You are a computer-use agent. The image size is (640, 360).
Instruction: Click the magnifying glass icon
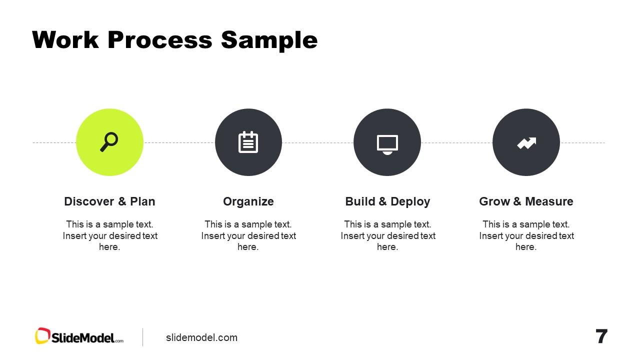(x=109, y=142)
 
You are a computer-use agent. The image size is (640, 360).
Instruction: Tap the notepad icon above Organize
(x=248, y=142)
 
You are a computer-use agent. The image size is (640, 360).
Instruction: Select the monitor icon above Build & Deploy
(x=387, y=143)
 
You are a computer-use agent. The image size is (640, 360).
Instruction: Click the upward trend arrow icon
(x=526, y=143)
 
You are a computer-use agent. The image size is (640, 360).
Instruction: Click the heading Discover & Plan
(x=109, y=201)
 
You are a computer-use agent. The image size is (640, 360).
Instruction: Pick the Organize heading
(x=248, y=201)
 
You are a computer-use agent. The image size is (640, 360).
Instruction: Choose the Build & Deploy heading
(x=387, y=201)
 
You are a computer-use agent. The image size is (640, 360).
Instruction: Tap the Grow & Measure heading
(x=526, y=201)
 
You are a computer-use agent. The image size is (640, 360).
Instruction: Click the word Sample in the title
(x=269, y=40)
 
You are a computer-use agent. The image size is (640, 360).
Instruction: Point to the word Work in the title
(x=65, y=40)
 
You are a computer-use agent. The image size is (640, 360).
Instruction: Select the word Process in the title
(x=160, y=40)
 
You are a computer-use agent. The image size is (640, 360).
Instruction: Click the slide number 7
(x=601, y=336)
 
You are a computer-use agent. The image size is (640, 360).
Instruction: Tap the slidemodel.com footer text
(x=201, y=337)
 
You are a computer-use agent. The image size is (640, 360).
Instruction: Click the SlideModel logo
(x=79, y=336)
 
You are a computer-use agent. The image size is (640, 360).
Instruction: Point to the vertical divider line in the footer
(x=143, y=337)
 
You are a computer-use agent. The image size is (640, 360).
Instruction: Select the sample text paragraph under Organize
(x=248, y=235)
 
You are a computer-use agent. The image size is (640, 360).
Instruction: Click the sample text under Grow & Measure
(x=526, y=235)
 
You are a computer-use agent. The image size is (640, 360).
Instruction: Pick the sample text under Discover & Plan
(x=109, y=235)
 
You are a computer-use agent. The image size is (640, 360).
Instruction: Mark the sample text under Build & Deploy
(x=387, y=235)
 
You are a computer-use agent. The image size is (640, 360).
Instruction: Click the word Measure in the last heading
(x=548, y=201)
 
